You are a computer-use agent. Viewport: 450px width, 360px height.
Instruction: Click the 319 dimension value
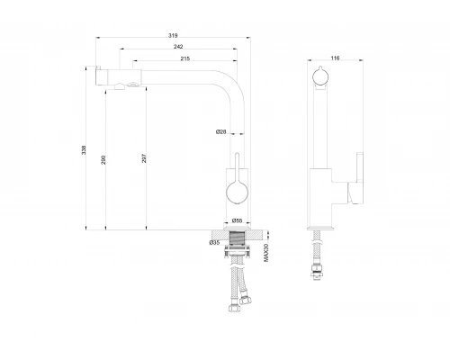tap(173, 35)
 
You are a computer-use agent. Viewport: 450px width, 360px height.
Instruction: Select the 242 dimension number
tap(178, 47)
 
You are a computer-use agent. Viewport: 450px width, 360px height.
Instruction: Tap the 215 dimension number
tap(185, 58)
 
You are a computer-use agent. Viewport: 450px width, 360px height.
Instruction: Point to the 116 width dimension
tap(335, 58)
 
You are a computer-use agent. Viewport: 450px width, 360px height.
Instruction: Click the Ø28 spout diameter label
tap(221, 131)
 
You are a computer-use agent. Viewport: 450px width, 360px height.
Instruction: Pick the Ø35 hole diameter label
tap(214, 242)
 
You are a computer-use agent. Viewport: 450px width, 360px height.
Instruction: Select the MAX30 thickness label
tap(266, 253)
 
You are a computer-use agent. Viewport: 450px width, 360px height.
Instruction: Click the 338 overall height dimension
tap(84, 150)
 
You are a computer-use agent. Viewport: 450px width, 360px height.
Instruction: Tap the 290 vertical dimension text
tap(103, 160)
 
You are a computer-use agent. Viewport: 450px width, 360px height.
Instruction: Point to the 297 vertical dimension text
tap(144, 158)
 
